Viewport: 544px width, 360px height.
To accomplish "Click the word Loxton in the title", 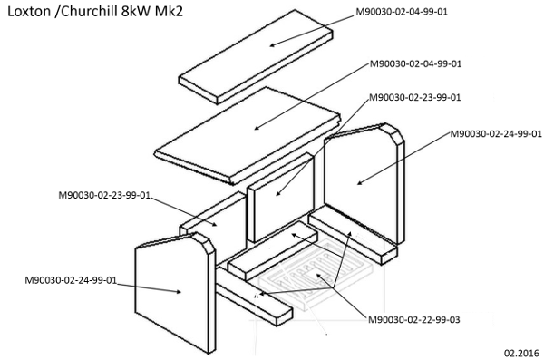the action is (x=29, y=12).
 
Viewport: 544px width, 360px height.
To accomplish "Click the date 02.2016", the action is (x=522, y=353).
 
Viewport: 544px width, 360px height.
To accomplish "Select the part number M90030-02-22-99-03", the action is (x=414, y=319).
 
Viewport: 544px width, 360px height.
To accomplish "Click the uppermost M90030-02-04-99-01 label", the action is (x=402, y=12).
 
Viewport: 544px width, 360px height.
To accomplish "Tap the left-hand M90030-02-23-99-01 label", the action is (x=104, y=196).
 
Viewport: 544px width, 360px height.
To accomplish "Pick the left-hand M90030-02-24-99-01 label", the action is (x=71, y=280).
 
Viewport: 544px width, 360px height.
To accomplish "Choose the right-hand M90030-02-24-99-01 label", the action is (x=496, y=134).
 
